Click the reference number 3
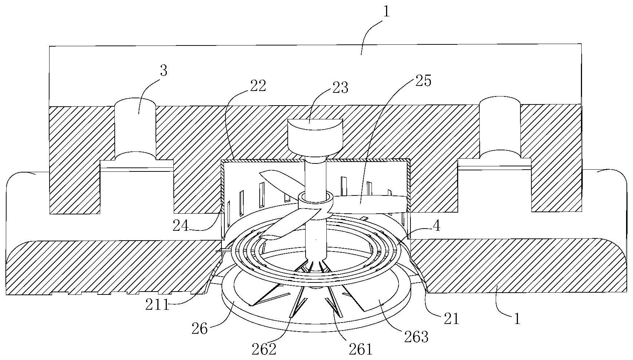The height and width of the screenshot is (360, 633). (x=164, y=71)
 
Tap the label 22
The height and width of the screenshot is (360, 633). (x=258, y=86)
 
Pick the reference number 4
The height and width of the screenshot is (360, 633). (x=436, y=226)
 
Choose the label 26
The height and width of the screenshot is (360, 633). (x=200, y=329)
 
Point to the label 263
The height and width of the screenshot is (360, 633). (x=416, y=337)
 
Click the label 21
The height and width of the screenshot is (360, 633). (x=452, y=319)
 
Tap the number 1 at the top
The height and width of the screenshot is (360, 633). (x=387, y=12)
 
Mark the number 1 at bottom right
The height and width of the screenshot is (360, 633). (x=517, y=319)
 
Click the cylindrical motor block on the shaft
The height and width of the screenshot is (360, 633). (x=315, y=138)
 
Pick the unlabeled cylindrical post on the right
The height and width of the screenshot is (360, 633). (x=500, y=128)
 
